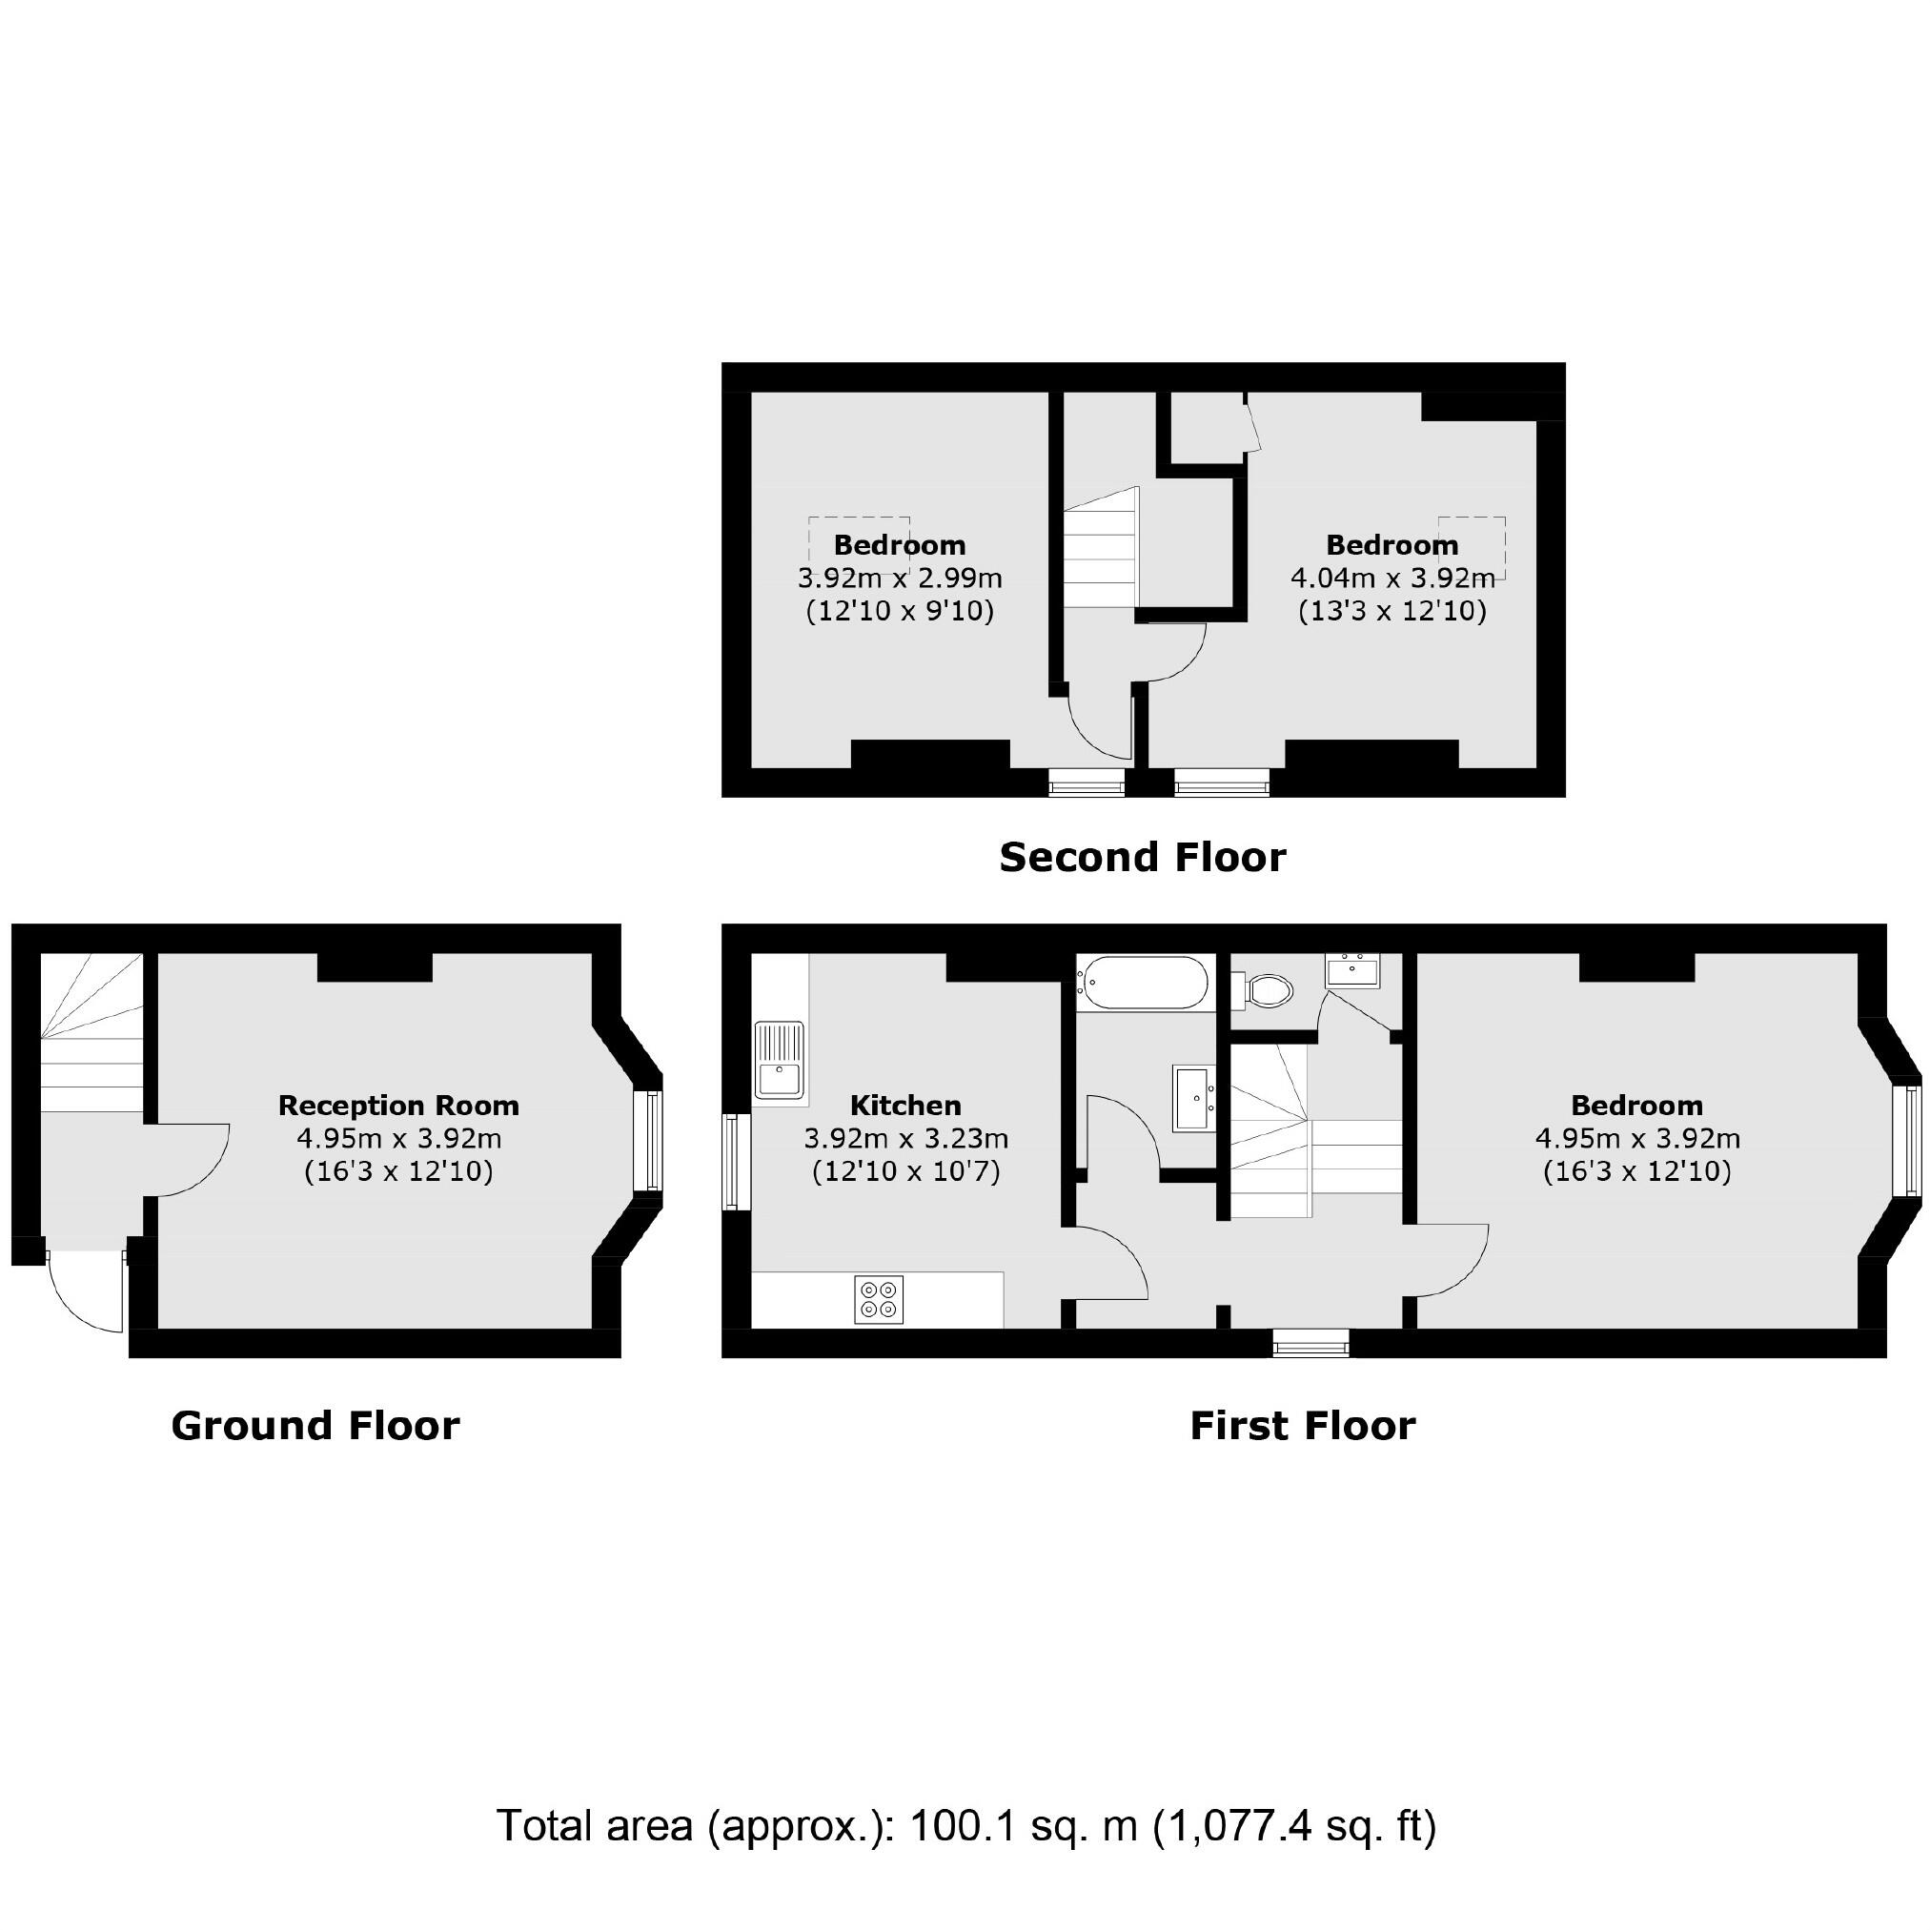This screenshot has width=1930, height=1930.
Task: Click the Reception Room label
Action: coord(398,1105)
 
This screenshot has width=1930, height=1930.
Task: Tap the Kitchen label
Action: coord(905,1105)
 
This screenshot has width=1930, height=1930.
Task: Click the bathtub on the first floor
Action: coord(1145,982)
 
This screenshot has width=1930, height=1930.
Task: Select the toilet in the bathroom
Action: coord(1267,991)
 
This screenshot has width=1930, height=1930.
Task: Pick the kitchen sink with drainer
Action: coord(780,1061)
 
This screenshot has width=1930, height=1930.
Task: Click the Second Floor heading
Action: coord(1142,857)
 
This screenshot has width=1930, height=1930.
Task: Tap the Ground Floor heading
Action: coord(315,1425)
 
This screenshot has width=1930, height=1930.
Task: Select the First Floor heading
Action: coord(1302,1425)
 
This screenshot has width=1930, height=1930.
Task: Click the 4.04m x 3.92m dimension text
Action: coord(1392,578)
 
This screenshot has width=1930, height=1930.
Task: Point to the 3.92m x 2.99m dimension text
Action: coord(899,578)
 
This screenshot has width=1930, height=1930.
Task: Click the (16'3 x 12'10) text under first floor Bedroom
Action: coord(1636,1170)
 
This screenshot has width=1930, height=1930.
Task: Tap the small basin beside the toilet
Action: coord(1351,970)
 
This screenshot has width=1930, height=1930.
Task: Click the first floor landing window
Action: coord(1310,1344)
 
